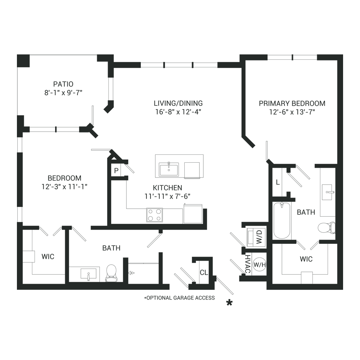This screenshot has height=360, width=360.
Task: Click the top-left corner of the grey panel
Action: (x=17, y=54)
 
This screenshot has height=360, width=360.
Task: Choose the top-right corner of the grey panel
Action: (x=343, y=54)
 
